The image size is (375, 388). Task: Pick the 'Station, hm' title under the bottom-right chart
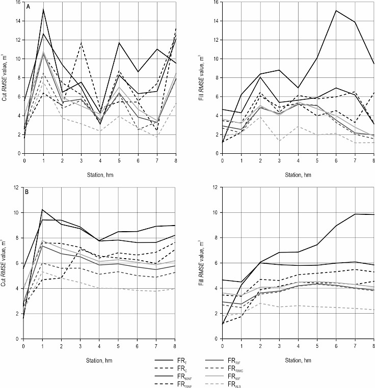point(298,359)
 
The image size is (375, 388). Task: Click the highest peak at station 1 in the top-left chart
point(43,9)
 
